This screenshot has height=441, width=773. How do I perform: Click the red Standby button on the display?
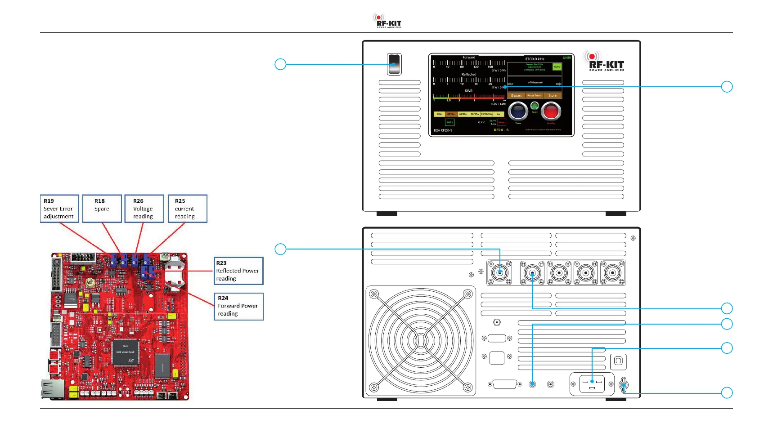point(551,111)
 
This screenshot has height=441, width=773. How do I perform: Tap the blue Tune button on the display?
point(518,111)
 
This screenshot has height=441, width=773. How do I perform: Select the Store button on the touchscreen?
point(553,95)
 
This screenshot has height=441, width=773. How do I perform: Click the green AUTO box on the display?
point(557,67)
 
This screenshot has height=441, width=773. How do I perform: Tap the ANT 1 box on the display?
point(449,122)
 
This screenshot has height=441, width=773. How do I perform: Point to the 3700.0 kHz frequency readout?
point(535,59)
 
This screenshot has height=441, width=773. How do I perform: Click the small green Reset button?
point(535,106)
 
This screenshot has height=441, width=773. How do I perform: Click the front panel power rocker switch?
point(394,64)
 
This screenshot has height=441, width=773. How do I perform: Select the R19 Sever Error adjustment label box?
point(59,209)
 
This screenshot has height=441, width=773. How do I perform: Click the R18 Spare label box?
point(102,209)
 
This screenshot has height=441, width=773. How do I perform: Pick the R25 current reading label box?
point(187,209)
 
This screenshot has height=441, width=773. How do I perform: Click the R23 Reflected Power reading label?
point(238,271)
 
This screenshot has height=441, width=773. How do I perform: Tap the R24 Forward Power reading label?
point(238,306)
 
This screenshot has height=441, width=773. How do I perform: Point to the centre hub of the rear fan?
point(421,341)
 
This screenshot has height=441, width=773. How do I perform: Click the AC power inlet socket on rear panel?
point(592,384)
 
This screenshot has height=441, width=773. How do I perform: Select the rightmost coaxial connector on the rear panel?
point(612,272)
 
